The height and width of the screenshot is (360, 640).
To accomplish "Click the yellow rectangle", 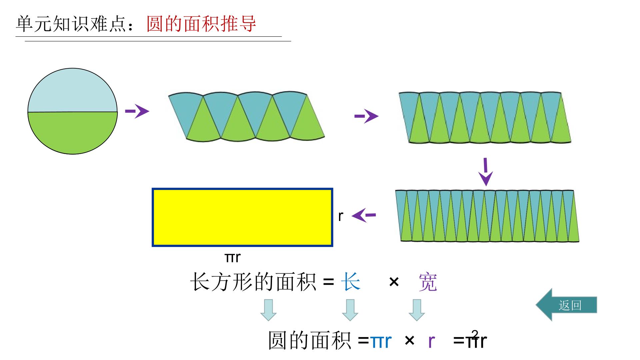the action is tap(242, 217).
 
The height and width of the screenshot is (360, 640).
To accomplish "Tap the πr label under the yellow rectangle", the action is tap(232, 257).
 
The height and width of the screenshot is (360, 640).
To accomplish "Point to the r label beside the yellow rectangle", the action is tap(340, 216).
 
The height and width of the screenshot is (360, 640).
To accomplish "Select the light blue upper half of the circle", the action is tap(72, 92).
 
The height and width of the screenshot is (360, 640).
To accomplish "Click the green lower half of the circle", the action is tap(72, 132).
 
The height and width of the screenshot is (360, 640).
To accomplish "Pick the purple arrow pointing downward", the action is tap(486, 172).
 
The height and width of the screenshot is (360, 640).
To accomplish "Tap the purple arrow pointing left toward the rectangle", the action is tap(364, 215).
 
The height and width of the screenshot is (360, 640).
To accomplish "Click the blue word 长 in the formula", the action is tap(351, 282).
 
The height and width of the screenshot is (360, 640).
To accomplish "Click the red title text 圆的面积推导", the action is tap(201, 23).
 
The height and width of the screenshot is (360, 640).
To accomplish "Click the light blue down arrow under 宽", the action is tap(417, 310).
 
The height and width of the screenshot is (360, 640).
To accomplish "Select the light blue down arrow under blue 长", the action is tap(350, 310).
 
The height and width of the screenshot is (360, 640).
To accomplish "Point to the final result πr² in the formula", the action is tap(476, 339).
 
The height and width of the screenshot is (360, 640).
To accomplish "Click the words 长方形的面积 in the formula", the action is tap(253, 282).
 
